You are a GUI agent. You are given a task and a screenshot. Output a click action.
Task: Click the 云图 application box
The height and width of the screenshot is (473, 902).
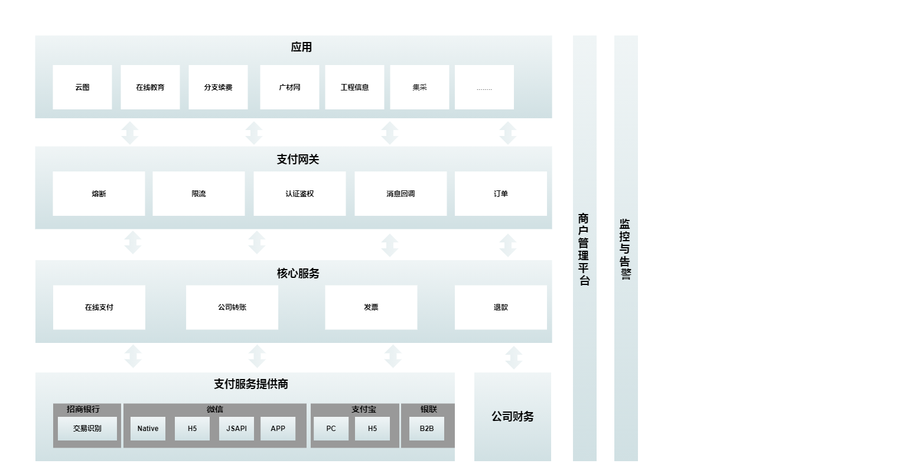(82, 88)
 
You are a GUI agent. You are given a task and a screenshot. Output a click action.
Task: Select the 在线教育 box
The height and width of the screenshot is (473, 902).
(150, 88)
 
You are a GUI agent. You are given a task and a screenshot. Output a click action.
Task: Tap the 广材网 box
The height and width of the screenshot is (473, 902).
(289, 88)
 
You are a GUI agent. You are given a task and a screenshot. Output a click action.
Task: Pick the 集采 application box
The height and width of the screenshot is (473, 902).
(419, 88)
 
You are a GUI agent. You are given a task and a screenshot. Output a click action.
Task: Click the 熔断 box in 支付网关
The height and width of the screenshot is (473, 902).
(99, 194)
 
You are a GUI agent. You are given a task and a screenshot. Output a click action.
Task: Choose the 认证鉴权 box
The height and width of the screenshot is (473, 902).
(299, 194)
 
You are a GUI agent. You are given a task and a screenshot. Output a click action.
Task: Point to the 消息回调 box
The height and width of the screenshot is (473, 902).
(400, 194)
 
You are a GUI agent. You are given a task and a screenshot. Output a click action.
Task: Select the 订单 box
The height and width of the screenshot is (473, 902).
(501, 194)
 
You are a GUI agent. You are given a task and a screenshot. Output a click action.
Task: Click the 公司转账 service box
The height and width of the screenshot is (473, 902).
(232, 307)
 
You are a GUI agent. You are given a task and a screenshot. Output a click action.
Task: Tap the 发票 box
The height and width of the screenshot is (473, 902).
(371, 307)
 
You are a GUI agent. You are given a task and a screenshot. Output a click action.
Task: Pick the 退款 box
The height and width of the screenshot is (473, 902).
(501, 307)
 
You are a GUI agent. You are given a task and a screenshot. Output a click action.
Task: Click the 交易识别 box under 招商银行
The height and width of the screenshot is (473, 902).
(87, 429)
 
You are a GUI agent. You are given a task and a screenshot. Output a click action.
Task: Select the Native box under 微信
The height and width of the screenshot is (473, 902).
(148, 429)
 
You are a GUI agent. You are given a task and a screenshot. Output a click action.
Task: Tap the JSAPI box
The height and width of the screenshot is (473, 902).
(236, 429)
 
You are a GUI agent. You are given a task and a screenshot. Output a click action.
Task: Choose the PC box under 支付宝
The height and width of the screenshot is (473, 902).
(331, 429)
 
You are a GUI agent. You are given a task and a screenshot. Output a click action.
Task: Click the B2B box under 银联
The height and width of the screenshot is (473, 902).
(426, 429)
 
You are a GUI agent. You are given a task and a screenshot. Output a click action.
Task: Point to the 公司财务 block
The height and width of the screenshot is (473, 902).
(513, 417)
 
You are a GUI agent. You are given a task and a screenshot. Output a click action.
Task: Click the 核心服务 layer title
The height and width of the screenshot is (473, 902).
(298, 274)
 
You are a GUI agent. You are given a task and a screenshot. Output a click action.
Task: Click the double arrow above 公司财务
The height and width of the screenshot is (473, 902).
(514, 358)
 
